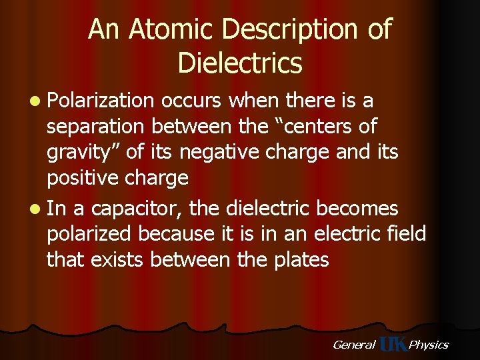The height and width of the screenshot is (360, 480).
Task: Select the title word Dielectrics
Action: click(240, 63)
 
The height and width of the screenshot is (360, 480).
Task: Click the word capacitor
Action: click(136, 209)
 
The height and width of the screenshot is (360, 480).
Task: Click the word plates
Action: click(299, 260)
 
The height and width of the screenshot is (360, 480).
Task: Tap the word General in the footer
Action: click(353, 345)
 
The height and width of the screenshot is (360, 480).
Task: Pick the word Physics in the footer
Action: click(429, 345)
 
